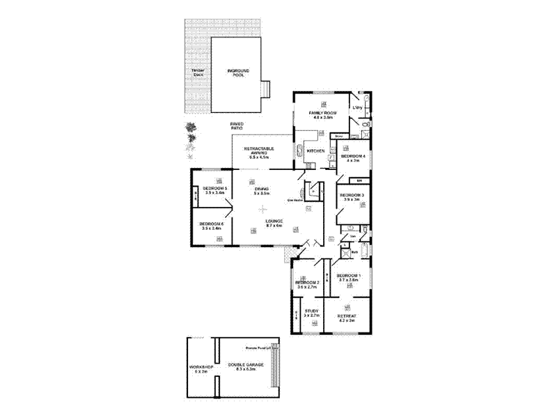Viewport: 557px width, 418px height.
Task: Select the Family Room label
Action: point(322,115)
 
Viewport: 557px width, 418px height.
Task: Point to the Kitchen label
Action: point(315,151)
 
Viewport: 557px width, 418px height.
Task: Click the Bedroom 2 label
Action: point(307,284)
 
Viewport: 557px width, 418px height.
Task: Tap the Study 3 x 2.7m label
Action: point(311,313)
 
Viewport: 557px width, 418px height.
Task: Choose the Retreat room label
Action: point(347,318)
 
